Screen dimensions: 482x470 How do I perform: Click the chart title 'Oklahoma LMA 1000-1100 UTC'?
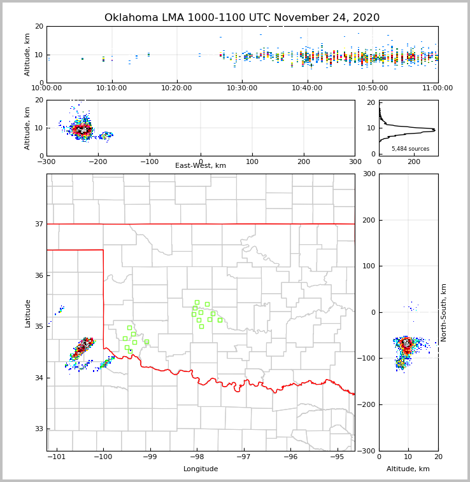pyautogui.click(x=241, y=18)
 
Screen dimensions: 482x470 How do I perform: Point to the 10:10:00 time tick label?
pyautogui.click(x=112, y=88)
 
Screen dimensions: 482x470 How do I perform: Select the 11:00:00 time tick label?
pyautogui.click(x=438, y=88)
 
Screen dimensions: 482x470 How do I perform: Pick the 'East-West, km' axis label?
pyautogui.click(x=201, y=166)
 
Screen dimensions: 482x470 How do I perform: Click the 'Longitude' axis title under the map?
pyautogui.click(x=201, y=469)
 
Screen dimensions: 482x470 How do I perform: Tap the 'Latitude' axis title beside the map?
pyautogui.click(x=28, y=313)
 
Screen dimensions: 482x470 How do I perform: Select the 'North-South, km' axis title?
pyautogui.click(x=444, y=312)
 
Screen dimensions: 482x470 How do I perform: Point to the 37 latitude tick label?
pyautogui.click(x=38, y=224)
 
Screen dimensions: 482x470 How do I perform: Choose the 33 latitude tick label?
pyautogui.click(x=38, y=429)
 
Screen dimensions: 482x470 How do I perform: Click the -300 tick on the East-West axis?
pyautogui.click(x=46, y=162)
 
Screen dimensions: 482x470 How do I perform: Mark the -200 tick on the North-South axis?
pyautogui.click(x=367, y=405)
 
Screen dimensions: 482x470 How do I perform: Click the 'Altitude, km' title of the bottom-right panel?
pyautogui.click(x=408, y=469)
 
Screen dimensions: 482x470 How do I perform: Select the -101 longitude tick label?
pyautogui.click(x=57, y=457)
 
